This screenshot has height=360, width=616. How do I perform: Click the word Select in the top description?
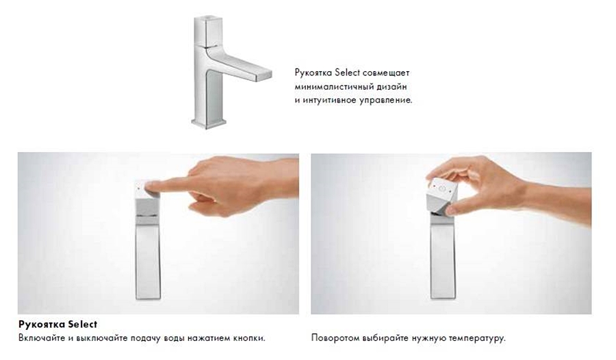347,73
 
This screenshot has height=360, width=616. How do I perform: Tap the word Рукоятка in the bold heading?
42,324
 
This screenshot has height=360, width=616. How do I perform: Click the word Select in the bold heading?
83,324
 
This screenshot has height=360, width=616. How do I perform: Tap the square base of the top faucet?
209,123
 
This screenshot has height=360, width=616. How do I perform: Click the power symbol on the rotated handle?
443,189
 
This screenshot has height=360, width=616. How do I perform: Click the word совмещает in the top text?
386,73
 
